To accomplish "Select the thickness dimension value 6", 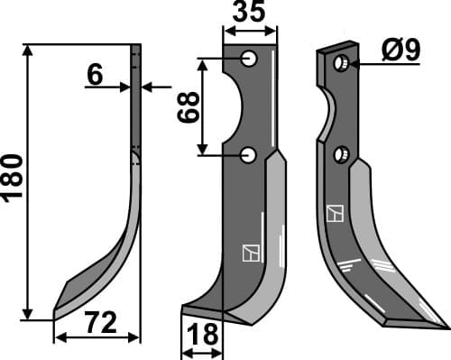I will click(x=95, y=75).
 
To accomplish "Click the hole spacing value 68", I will click(x=187, y=106).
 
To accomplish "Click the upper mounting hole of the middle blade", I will click(x=250, y=59).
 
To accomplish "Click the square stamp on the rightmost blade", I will click(x=336, y=214).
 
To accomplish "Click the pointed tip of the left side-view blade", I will click(x=56, y=311).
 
